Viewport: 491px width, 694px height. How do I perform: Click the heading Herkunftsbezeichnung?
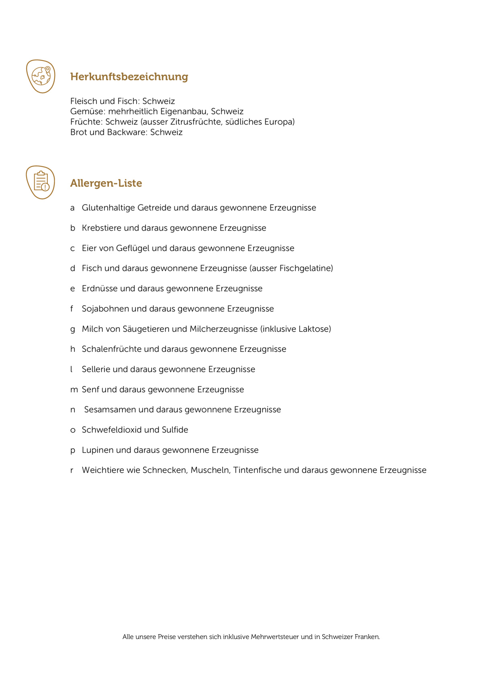[x=129, y=77]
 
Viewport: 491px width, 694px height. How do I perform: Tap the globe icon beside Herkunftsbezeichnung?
[x=41, y=76]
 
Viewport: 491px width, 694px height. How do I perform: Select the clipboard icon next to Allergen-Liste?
[x=41, y=182]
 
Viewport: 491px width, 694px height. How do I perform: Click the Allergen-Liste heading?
[x=106, y=183]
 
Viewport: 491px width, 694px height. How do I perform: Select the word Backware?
[x=127, y=132]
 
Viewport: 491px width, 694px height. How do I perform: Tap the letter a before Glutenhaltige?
[x=72, y=208]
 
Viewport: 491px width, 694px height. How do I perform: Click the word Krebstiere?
[x=102, y=228]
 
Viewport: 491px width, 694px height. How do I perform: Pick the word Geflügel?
[x=133, y=248]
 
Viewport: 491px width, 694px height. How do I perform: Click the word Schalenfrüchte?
[x=112, y=349]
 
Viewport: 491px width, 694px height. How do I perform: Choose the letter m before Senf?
[x=74, y=390]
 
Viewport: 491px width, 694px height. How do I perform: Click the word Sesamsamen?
[x=110, y=410]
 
